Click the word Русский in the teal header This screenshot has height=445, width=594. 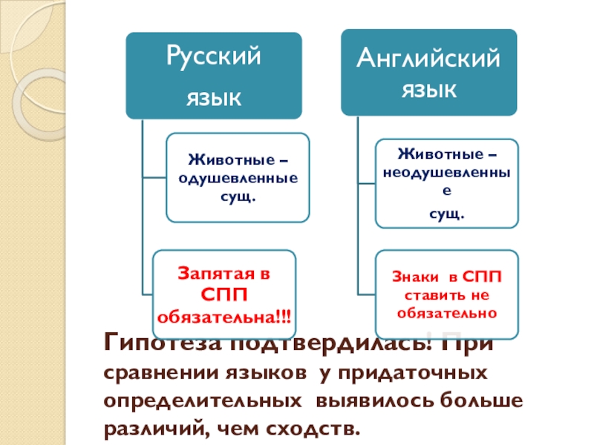pos(213,57)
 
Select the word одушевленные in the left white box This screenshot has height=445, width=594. pos(238,178)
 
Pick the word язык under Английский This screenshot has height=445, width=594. pos(428,90)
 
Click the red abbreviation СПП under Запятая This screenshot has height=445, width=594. pos(223,295)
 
